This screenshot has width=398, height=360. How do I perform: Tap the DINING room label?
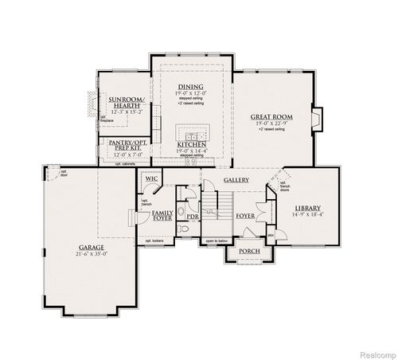coord(190,86)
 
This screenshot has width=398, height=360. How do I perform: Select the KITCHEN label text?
coord(191,144)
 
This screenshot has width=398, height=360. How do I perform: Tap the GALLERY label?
coord(236,180)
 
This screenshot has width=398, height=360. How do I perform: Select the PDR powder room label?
coord(192,215)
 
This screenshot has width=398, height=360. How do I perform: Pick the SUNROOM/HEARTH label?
coord(127,103)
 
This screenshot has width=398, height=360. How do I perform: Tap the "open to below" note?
coord(216,240)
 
